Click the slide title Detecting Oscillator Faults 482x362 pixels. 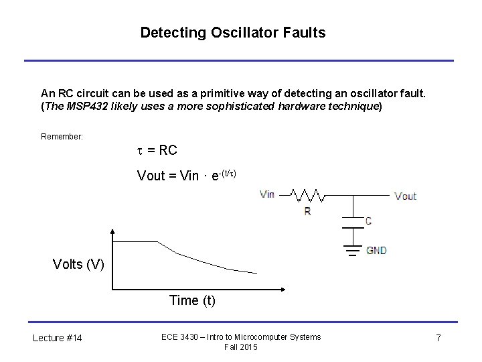point(232,32)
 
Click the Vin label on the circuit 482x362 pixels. point(267,194)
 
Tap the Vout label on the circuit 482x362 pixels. point(405,196)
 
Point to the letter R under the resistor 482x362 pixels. point(307,211)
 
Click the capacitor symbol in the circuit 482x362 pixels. point(352,222)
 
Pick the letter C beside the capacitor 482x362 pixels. point(368,221)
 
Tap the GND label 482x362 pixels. point(376,251)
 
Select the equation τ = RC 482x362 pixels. point(157,150)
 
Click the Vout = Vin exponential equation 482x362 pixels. point(187,176)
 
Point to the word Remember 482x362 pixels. point(62,137)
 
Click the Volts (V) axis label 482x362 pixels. point(78,263)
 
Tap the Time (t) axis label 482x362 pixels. point(192,300)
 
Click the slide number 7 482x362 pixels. point(438,338)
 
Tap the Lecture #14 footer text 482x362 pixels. point(58,338)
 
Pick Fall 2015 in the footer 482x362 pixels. point(241,347)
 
